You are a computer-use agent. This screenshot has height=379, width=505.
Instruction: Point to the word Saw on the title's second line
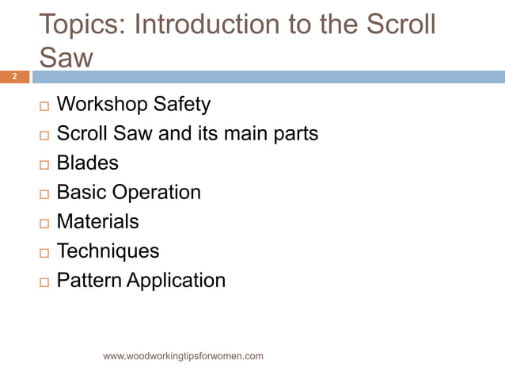tap(66, 57)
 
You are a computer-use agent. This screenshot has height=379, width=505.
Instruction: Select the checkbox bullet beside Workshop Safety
tap(44, 106)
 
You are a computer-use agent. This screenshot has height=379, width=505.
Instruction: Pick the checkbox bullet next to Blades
tap(44, 165)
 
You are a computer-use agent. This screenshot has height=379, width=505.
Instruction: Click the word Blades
tap(87, 163)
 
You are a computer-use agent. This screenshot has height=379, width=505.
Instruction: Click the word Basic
tap(82, 193)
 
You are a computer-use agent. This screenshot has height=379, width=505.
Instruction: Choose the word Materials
tap(97, 222)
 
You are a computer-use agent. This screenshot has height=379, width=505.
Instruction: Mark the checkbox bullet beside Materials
tap(44, 224)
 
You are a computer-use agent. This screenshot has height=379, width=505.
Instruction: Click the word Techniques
tap(108, 251)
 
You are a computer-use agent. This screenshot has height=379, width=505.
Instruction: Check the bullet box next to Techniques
tap(44, 253)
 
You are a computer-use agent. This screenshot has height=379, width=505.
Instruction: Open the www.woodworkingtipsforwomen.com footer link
tap(183, 356)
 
